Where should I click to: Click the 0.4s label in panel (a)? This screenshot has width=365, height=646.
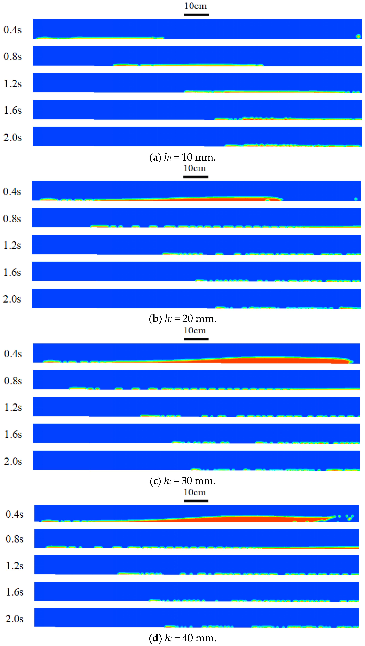pos(12,30)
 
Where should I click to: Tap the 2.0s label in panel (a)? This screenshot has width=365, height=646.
pos(12,137)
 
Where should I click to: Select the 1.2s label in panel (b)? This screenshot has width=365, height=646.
pos(12,245)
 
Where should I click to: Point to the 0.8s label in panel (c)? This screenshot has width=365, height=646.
pos(13,381)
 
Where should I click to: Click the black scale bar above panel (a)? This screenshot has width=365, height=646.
pos(197,14)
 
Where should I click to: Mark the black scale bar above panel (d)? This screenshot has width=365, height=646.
pos(196,501)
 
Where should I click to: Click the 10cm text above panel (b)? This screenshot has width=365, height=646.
pos(195,168)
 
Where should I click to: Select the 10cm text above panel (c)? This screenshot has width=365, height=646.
pos(195,330)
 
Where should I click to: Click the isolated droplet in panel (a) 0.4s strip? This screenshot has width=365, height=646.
pos(358,36)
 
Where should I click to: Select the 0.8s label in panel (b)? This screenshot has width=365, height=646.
pos(12,219)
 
